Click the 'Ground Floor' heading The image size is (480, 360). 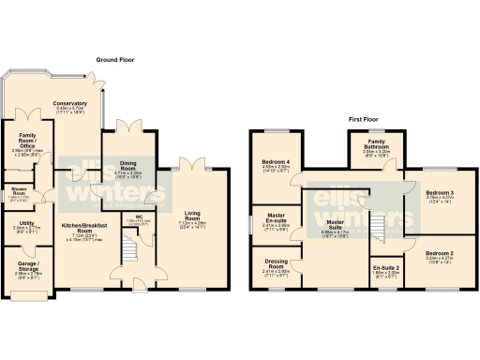click(114, 59)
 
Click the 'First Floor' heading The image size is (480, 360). click(367, 120)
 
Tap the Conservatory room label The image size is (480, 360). click(71, 104)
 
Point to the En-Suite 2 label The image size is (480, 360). click(385, 269)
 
